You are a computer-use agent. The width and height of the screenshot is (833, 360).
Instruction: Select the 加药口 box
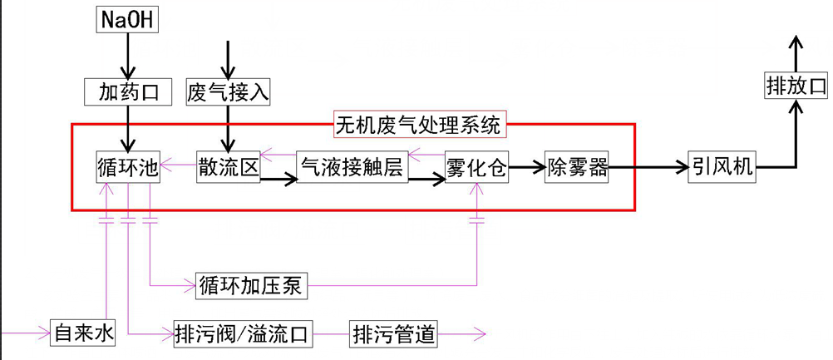pos(127,91)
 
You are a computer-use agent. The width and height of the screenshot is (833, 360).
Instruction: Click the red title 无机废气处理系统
pos(418,126)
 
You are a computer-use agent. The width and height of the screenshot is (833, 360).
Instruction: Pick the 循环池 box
pos(127,168)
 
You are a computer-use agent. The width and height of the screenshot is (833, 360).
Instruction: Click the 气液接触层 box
pos(352,168)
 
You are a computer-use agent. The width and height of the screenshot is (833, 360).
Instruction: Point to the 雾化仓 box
pos(476,168)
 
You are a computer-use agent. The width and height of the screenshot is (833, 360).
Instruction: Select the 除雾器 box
pos(577,168)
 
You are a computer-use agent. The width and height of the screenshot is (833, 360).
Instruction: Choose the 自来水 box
pos(81,334)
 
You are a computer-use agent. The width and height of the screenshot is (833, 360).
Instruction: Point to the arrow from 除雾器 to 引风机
pos(648,167)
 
